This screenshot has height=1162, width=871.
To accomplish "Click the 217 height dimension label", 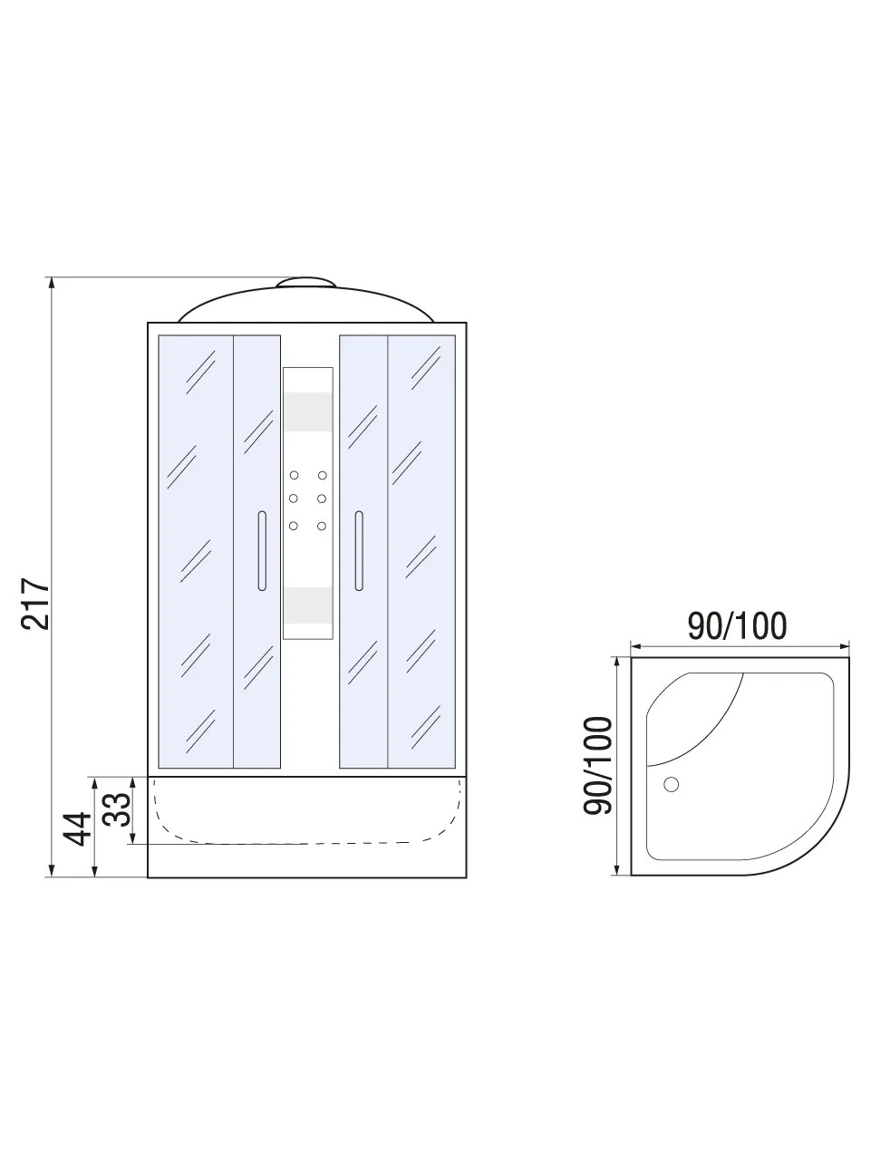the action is (35, 603).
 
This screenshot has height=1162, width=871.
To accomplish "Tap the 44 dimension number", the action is (77, 828).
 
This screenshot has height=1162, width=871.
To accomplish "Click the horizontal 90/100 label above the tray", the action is (737, 625).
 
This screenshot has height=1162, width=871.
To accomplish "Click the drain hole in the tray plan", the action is (671, 784).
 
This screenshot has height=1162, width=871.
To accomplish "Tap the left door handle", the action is (262, 550).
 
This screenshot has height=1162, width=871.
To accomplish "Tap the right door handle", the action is (359, 550).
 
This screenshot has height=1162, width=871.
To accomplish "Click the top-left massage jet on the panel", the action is (294, 475).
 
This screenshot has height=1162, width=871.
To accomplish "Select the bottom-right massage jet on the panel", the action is (322, 526).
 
